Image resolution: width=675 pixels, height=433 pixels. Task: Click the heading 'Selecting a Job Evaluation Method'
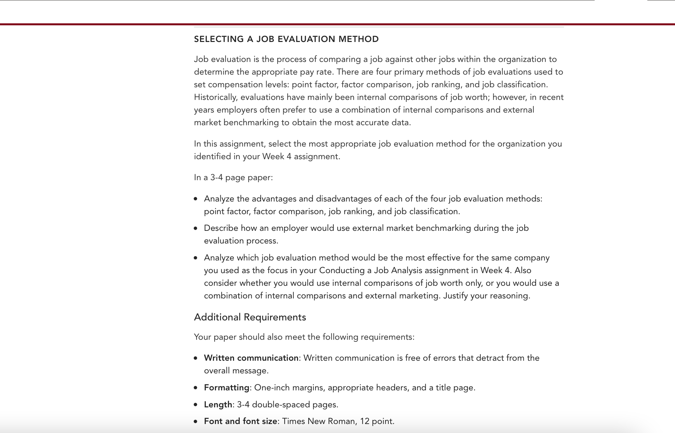tap(286, 39)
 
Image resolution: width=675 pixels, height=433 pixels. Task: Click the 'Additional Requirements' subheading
tap(250, 317)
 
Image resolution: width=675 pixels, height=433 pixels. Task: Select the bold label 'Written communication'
tap(251, 358)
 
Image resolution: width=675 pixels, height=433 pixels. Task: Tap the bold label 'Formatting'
tap(226, 388)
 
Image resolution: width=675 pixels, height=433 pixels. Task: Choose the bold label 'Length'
tap(218, 405)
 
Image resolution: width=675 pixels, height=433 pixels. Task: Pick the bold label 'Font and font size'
tap(240, 421)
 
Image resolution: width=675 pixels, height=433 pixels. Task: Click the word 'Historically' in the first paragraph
tap(215, 97)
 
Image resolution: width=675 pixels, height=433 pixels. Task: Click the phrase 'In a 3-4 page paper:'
tap(233, 178)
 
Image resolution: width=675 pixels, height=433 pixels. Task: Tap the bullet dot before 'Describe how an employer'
tap(196, 228)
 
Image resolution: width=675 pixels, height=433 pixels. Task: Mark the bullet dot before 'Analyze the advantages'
tap(196, 199)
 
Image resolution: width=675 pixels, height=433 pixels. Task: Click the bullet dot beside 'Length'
tap(196, 405)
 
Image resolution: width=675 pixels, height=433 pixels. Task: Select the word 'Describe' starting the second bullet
tap(221, 228)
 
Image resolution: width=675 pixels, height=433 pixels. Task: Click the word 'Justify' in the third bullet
tap(455, 296)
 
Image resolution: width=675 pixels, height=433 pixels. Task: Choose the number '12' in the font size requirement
tap(364, 421)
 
